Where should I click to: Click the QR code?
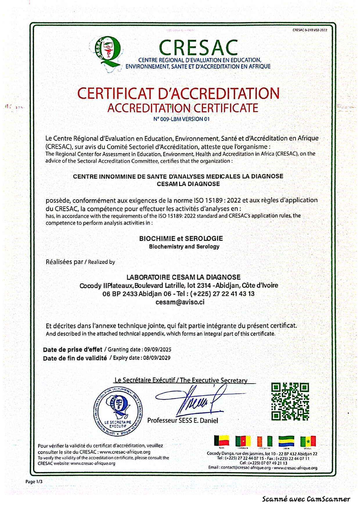[290, 401]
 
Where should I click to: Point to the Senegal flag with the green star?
[308, 441]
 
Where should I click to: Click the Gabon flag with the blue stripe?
[286, 441]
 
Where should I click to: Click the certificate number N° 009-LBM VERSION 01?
[181, 119]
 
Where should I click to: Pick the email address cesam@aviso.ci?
[180, 302]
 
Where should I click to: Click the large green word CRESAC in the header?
[198, 48]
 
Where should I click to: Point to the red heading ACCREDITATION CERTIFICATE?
[183, 108]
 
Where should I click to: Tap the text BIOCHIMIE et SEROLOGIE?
[181, 239]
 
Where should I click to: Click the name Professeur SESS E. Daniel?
[183, 420]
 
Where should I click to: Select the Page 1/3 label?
[34, 482]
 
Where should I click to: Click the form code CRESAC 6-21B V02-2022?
[310, 30]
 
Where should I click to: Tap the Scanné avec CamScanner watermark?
[306, 499]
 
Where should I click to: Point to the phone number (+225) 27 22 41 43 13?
[222, 294]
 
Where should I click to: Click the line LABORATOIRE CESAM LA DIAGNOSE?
[183, 277]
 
